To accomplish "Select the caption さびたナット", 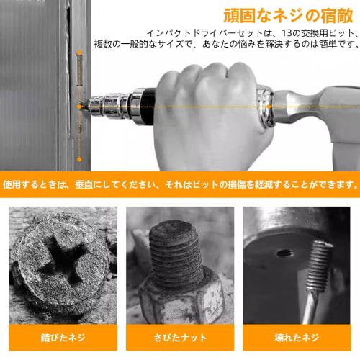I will [179, 337].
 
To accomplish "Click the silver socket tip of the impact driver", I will [116, 107].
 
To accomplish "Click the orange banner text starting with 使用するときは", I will [179, 185].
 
